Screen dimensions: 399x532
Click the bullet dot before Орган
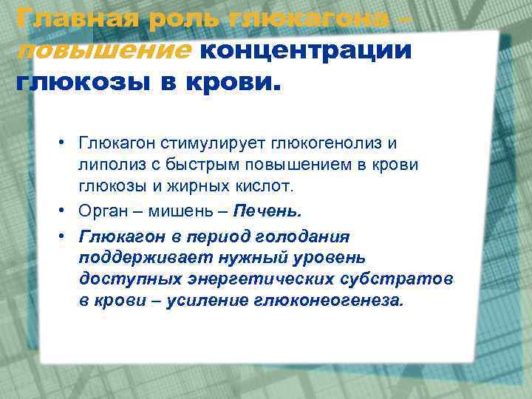pyautogui.click(x=65, y=211)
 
